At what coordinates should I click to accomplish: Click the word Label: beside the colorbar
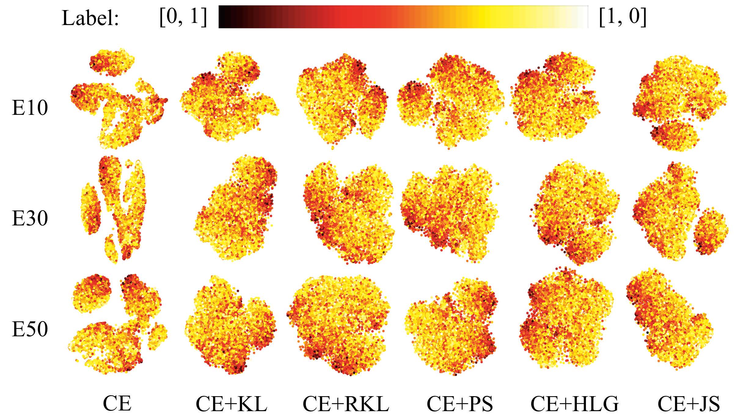(90, 18)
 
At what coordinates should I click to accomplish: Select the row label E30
(30, 218)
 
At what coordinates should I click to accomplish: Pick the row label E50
(30, 329)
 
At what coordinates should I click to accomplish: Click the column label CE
(117, 404)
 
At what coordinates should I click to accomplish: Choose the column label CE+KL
(231, 404)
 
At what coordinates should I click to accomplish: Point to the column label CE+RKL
(346, 404)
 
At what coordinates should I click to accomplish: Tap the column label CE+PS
(459, 404)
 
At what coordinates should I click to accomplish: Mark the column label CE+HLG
(574, 404)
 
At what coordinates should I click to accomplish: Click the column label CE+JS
(689, 404)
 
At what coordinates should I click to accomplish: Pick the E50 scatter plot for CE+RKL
(339, 324)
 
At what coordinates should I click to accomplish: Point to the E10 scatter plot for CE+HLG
(556, 98)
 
